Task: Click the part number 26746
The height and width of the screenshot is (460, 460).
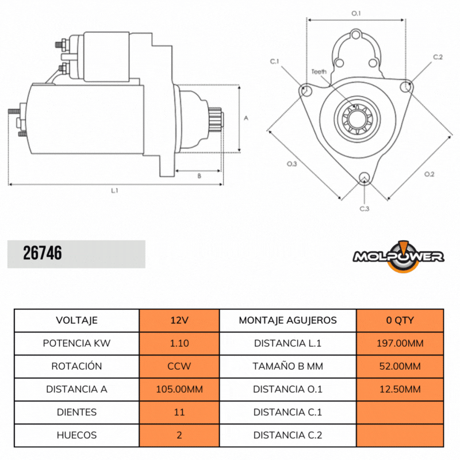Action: point(43,254)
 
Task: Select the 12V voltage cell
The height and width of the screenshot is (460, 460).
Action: point(179,320)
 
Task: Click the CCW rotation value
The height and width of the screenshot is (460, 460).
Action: point(179,366)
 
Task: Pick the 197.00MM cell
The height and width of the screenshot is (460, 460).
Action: point(400,343)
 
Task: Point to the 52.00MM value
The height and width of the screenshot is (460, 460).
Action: point(400,366)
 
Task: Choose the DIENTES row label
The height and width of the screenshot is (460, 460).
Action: point(76,412)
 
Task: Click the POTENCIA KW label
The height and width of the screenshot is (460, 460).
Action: point(76,343)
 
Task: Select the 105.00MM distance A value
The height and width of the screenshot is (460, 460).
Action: point(179,389)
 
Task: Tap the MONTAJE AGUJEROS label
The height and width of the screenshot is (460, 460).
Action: point(287,320)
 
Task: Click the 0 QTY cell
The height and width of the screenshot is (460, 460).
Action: point(400,320)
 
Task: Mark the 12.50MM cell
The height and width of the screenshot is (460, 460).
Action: point(400,389)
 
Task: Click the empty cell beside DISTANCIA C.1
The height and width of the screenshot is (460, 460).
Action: point(400,412)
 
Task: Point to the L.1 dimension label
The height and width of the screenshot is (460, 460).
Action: point(114,190)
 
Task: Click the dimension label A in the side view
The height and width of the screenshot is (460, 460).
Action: point(246,118)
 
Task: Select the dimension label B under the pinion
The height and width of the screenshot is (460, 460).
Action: point(199,177)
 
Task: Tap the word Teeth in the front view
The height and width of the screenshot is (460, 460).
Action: point(319,72)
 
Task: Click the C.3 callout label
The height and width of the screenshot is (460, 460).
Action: point(364,208)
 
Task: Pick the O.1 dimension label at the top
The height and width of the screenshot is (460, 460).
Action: point(356,13)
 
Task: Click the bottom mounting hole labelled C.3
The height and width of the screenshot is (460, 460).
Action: point(364,178)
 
